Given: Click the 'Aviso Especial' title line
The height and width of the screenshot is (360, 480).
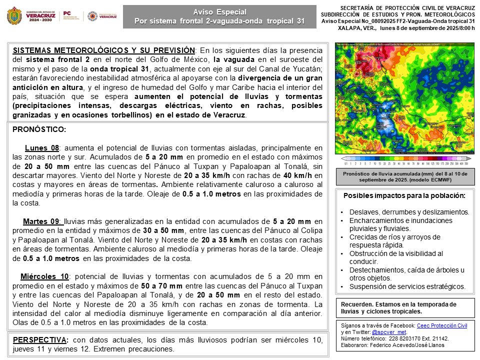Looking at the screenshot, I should coord(219,11).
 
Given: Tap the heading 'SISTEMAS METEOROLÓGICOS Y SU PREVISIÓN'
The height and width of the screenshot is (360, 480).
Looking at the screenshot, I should coord(103,50).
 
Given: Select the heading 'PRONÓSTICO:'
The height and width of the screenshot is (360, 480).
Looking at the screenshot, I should coord(39,129).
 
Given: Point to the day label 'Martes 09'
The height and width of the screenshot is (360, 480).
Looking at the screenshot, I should coord(42,221).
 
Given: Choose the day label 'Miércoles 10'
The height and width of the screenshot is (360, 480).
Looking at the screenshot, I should coord(44,276).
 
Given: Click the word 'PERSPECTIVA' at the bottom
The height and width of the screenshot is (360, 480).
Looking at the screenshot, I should coord(37,340).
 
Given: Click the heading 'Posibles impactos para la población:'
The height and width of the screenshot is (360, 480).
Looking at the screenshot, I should coord(405,195).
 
